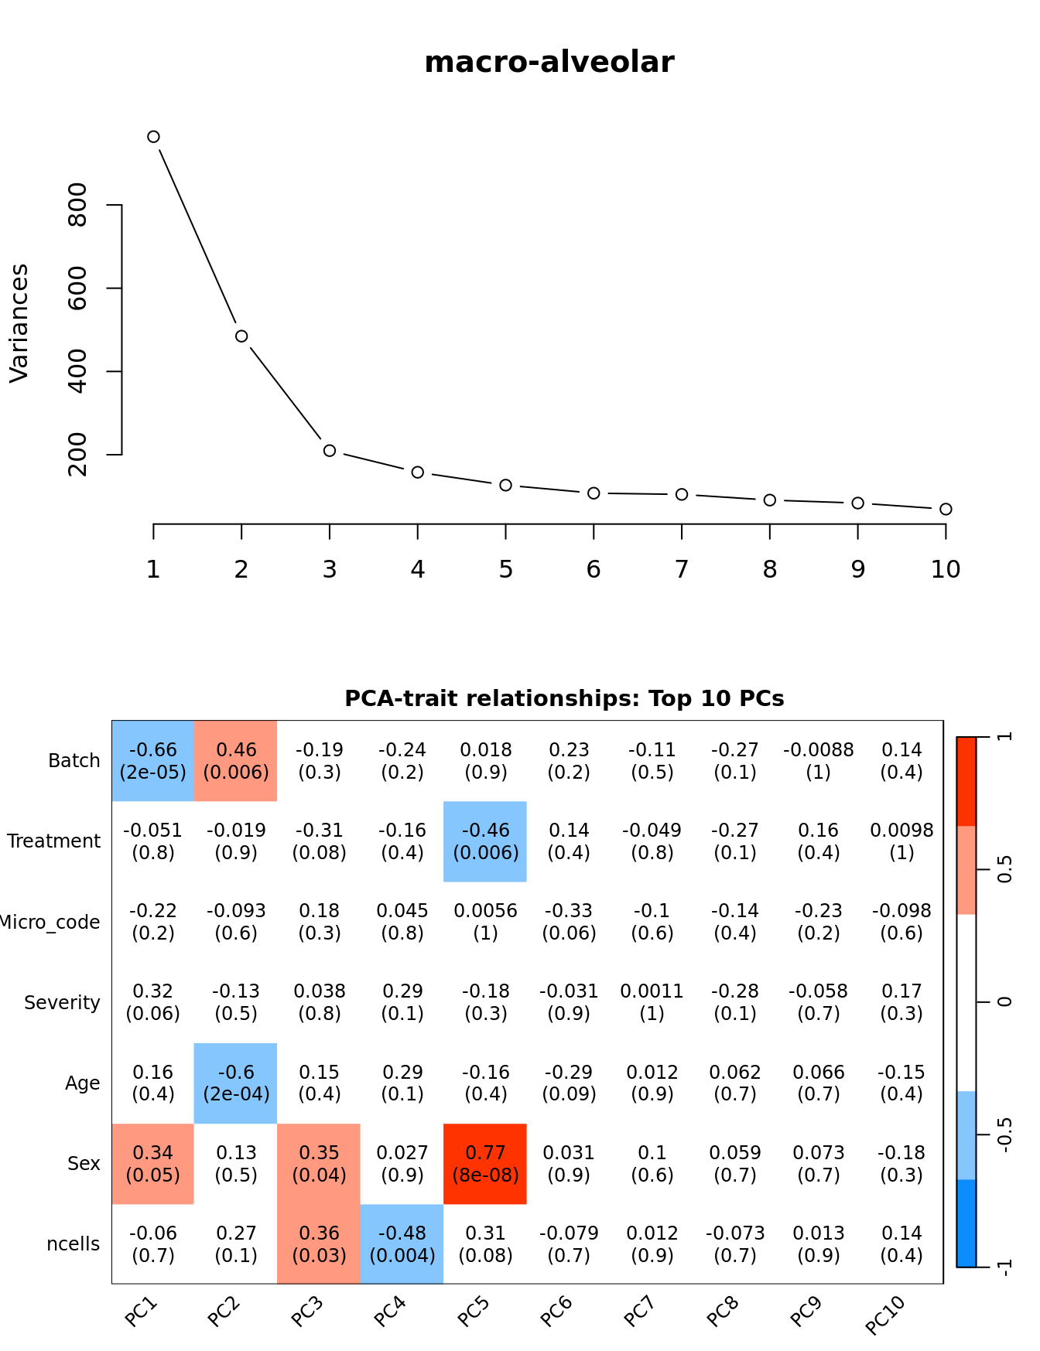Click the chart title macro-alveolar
549,62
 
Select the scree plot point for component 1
153,137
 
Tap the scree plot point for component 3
330,450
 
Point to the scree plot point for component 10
946,509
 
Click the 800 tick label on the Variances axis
78,205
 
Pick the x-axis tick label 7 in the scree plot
681,570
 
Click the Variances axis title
19,323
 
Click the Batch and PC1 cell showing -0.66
153,761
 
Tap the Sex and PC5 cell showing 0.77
485,1164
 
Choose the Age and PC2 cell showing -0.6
236,1083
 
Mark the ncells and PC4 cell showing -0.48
402,1244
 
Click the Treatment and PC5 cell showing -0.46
485,841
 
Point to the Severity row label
62,1003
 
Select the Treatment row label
53,841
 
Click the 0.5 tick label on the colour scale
1004,869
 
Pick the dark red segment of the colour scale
966,781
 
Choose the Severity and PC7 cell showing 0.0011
652,1002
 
